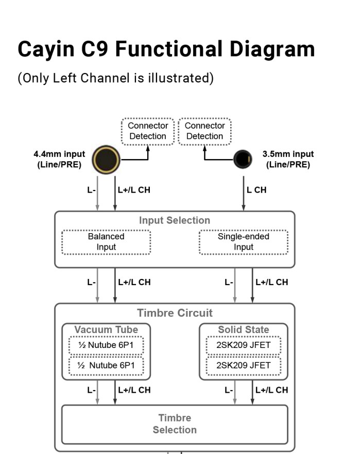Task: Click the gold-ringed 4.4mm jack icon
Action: point(106,159)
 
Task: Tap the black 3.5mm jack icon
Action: point(243,159)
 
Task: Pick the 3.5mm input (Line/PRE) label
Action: point(288,159)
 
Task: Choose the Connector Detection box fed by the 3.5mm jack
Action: point(204,131)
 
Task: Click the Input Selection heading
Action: point(175,220)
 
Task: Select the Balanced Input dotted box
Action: point(106,242)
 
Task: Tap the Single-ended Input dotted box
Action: point(243,242)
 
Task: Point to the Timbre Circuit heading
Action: point(175,313)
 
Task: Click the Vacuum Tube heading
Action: point(106,329)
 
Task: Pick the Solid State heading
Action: point(243,329)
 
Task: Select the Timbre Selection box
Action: point(175,424)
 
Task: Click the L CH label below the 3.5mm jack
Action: point(256,190)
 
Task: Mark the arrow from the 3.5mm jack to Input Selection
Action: point(243,190)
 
